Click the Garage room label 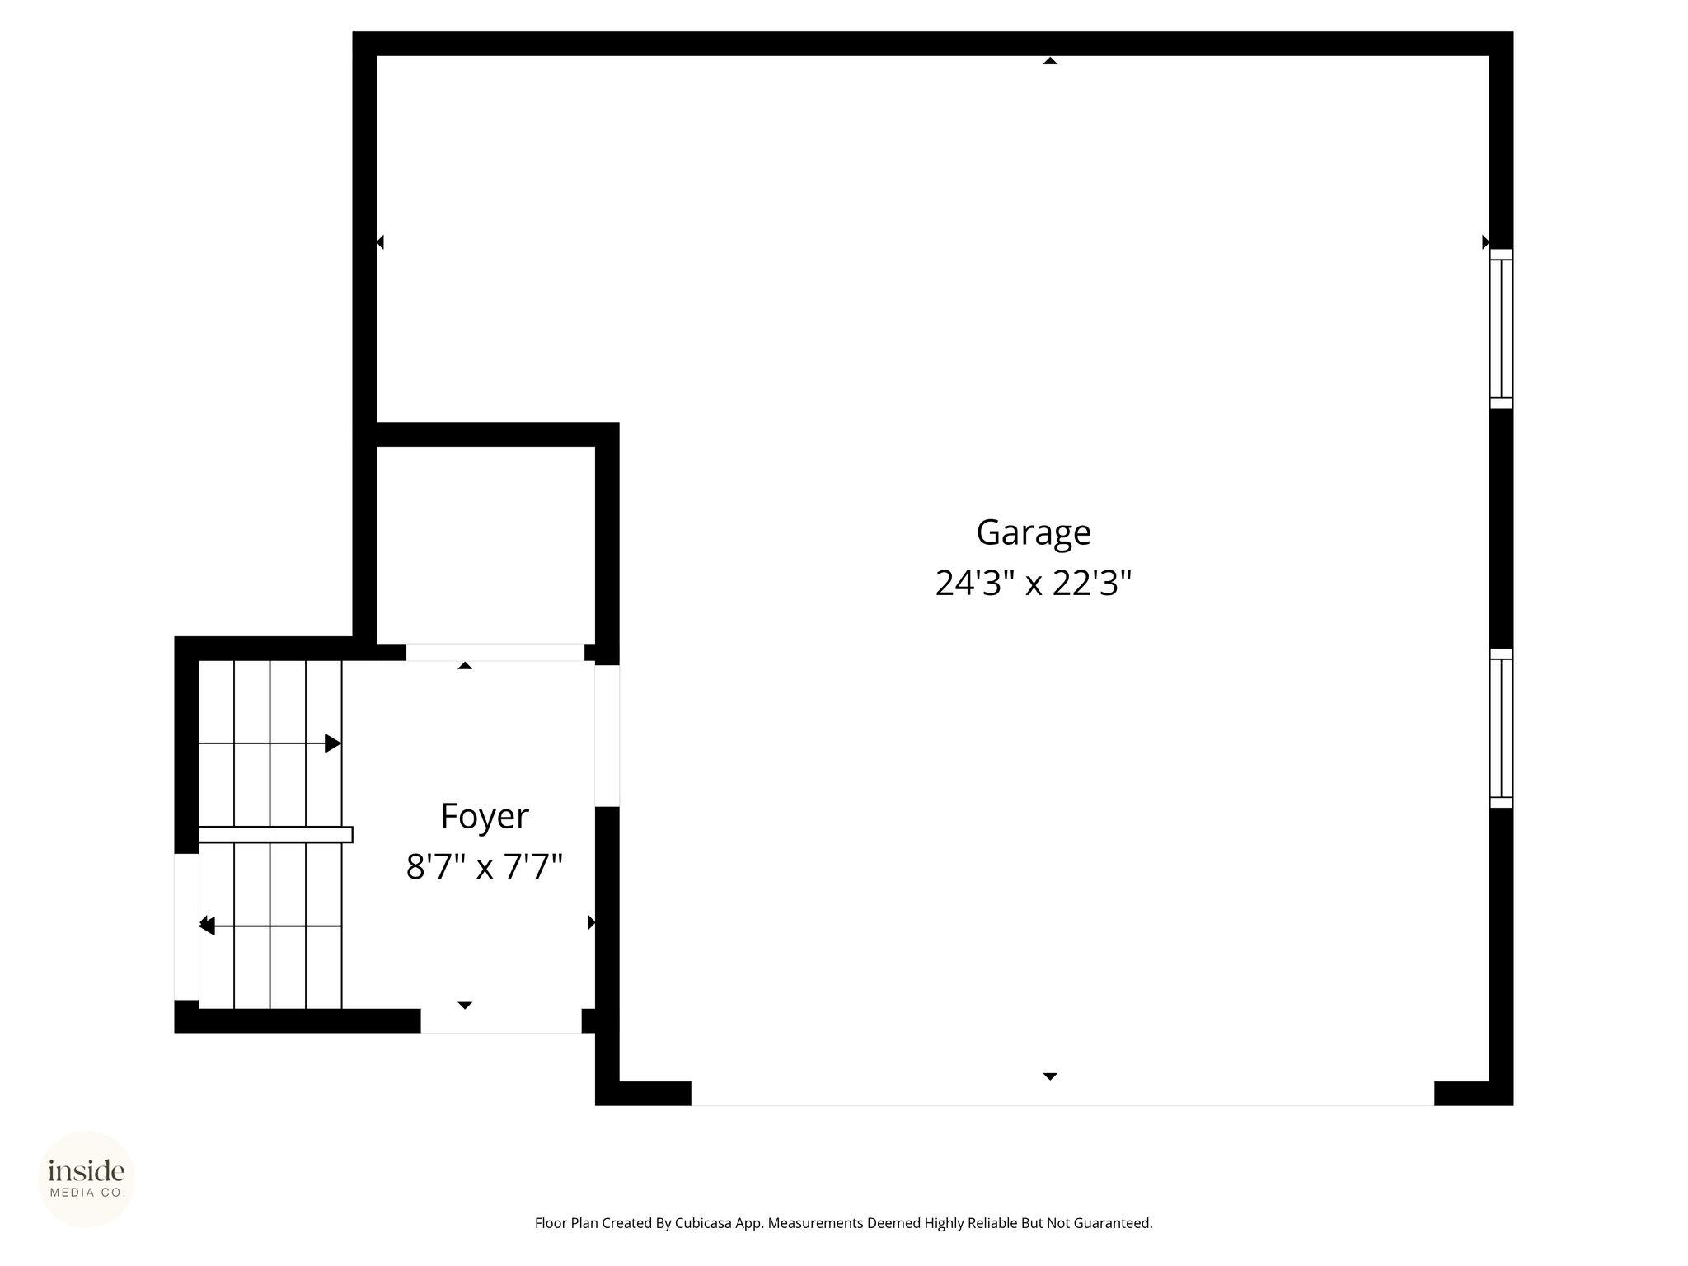(x=1034, y=533)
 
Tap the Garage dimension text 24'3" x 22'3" (x=1034, y=584)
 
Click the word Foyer (x=485, y=817)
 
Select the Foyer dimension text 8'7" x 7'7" (x=485, y=867)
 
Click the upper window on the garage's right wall (x=1501, y=329)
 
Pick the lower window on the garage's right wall (x=1501, y=728)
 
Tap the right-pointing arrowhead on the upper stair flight (x=333, y=743)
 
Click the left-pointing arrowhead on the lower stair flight (x=207, y=926)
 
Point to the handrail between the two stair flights (x=275, y=834)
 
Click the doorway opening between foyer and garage (x=607, y=735)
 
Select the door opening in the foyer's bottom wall (x=501, y=1020)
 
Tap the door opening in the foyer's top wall (x=495, y=652)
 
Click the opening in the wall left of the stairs (x=186, y=926)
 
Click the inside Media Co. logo (x=87, y=1179)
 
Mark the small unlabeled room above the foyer (x=485, y=545)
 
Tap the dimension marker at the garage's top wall (x=1050, y=60)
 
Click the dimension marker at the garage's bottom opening (x=1050, y=1076)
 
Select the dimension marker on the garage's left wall (x=380, y=242)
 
